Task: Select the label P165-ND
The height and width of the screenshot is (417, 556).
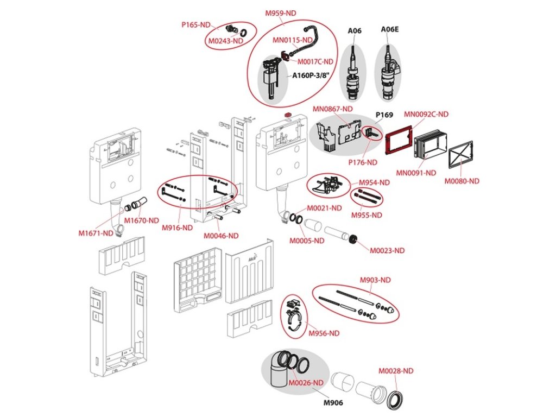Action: point(195,24)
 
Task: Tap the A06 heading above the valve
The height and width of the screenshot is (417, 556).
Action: point(354,30)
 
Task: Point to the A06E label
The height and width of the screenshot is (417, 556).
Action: point(389,29)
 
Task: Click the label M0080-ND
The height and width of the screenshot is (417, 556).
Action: point(463,181)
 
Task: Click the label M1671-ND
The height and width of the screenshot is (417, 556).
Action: point(96,233)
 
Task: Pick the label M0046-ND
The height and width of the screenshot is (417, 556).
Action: point(221,236)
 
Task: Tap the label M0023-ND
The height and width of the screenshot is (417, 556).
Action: point(387,250)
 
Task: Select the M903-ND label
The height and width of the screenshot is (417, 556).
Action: point(375,280)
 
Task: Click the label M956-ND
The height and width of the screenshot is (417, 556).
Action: point(324,333)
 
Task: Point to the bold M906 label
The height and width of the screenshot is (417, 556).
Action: point(334,403)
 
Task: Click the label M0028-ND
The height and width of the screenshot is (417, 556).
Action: point(396,371)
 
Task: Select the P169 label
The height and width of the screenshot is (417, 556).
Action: point(384,115)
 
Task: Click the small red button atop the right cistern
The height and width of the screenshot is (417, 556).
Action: point(288,116)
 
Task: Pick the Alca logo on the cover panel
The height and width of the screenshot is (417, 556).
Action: point(253,261)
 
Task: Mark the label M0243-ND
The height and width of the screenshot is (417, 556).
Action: point(224,40)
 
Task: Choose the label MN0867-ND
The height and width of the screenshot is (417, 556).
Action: point(332,109)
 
